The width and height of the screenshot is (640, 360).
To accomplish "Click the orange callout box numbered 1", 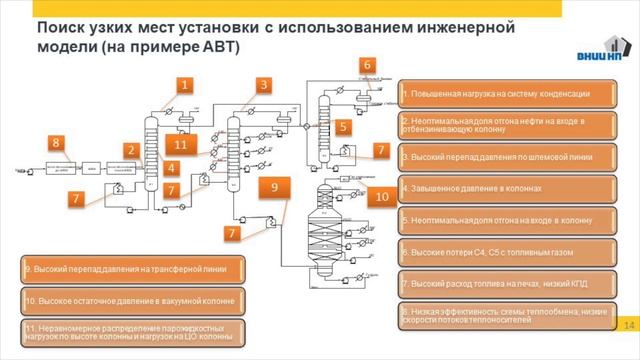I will point(185,85).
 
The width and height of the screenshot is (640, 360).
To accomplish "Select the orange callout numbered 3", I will point(263,85).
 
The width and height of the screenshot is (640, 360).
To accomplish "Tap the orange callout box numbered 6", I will point(368,65).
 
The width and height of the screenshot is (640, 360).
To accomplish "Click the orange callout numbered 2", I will point(130,150).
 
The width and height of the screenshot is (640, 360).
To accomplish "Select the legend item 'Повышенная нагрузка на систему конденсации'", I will point(507,94).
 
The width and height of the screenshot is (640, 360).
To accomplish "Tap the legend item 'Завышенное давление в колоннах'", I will point(507,187).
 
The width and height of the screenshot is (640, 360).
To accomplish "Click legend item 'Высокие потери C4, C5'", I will point(507,250).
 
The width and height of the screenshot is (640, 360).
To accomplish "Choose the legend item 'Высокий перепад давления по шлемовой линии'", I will point(507,156).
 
